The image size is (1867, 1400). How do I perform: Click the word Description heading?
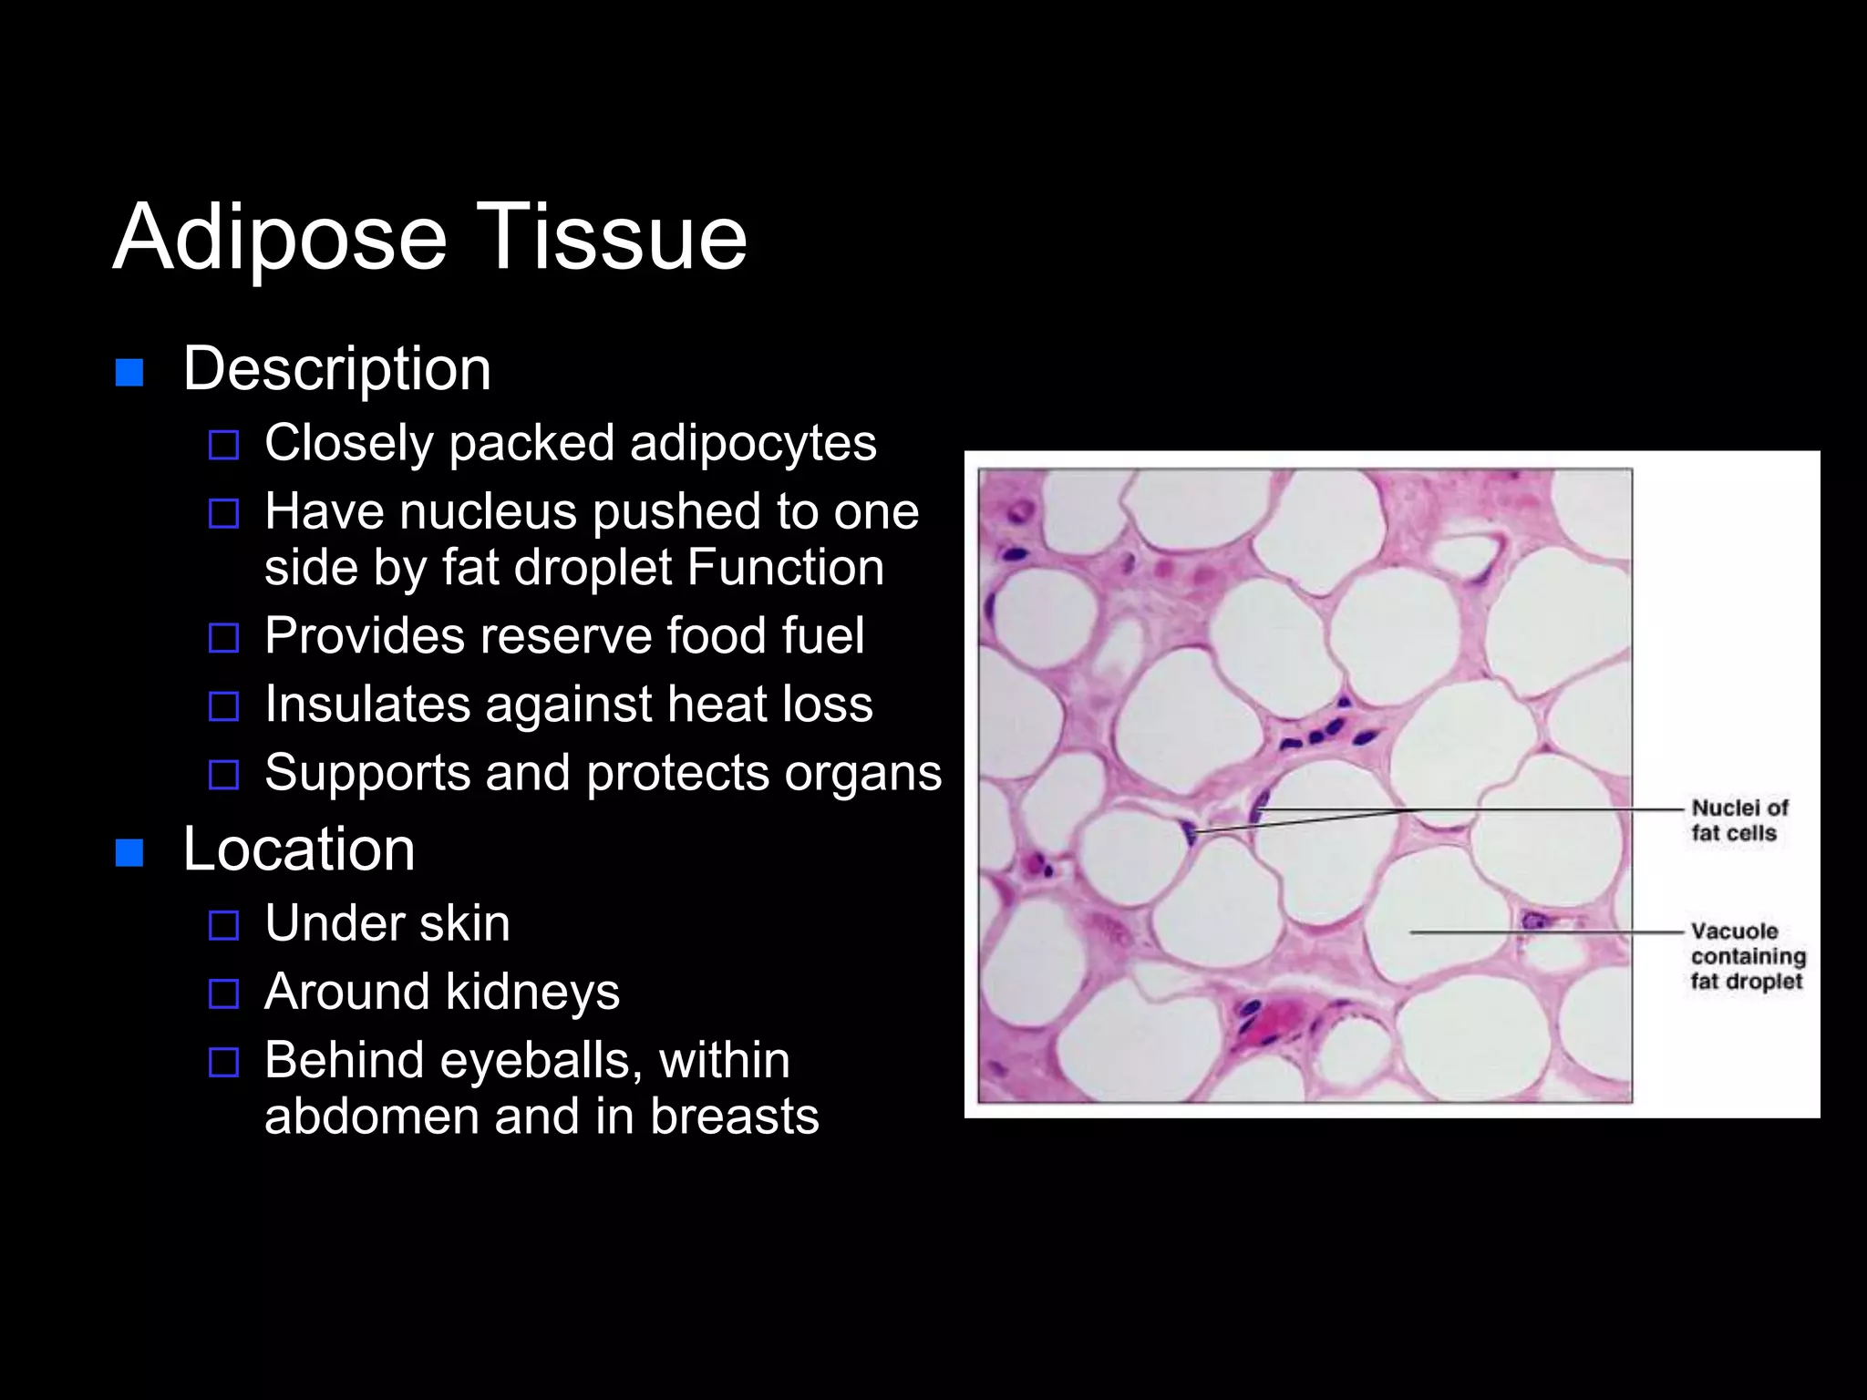coord(337,369)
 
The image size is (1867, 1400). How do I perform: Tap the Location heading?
coord(299,849)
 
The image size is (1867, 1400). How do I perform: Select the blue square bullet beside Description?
coord(129,373)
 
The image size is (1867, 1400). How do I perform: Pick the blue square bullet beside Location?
coord(129,853)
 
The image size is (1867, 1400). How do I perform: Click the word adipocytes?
coord(753,444)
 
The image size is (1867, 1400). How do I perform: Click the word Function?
coord(786,568)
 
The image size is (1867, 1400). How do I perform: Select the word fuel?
coord(828,635)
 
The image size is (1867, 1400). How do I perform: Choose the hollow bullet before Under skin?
coord(223,925)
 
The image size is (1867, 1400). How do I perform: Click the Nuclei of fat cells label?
coord(1738,820)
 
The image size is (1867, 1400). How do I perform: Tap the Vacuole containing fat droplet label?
coord(1747,956)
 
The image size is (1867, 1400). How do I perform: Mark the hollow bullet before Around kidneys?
coord(223,993)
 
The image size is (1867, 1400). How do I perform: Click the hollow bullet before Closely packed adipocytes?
coord(223,446)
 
